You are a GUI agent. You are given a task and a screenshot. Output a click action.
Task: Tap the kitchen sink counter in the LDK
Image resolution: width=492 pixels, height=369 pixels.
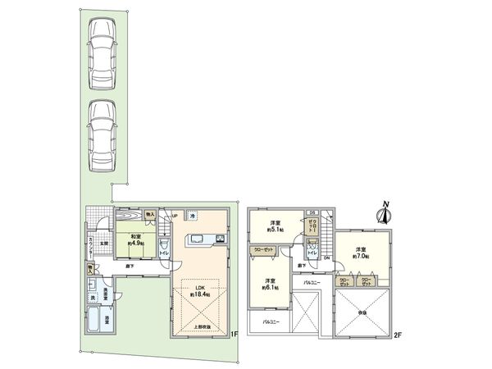(x=202, y=239)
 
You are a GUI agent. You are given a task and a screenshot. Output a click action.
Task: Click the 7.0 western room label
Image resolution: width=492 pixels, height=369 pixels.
(x=364, y=253)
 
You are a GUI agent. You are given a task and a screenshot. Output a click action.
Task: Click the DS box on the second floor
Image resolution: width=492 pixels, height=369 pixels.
(x=312, y=213)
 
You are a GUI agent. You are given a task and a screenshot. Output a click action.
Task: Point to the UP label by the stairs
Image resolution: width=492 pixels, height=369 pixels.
(x=173, y=216)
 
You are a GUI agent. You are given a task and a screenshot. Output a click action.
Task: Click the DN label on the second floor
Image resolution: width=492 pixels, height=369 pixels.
(x=326, y=259)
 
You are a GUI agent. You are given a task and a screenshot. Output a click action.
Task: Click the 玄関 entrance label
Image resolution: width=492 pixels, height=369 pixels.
(x=103, y=243)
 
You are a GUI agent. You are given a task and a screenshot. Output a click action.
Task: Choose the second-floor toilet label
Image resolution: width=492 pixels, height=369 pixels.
(x=312, y=250)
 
